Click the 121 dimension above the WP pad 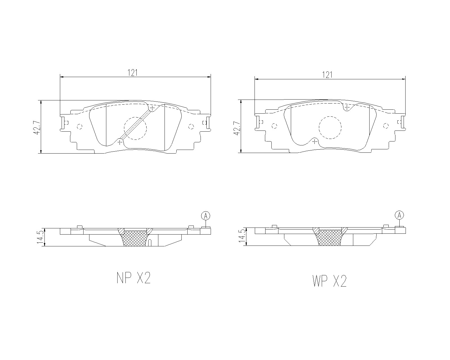click(x=327, y=75)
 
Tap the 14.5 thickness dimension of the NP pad click(x=40, y=237)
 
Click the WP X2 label click(x=329, y=281)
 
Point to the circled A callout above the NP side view click(x=206, y=216)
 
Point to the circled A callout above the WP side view click(x=399, y=215)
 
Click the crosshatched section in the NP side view click(x=135, y=238)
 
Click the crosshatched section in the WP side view click(x=330, y=237)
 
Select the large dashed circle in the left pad click(x=135, y=128)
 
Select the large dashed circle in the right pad click(x=330, y=127)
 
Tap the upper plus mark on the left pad click(x=152, y=108)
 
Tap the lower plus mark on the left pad click(x=120, y=142)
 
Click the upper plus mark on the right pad click(x=347, y=107)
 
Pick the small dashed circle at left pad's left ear click(x=79, y=127)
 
